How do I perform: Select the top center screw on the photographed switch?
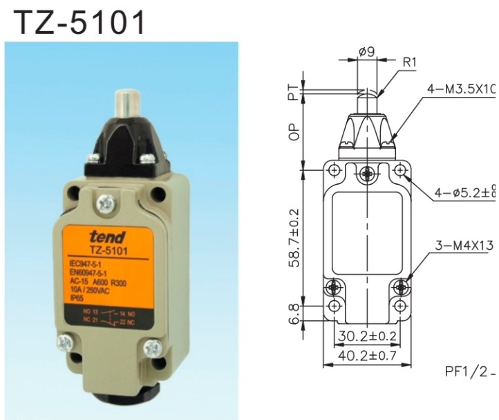(x=106, y=203)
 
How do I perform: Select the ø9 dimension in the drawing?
(x=367, y=51)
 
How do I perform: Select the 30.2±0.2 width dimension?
(x=367, y=338)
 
